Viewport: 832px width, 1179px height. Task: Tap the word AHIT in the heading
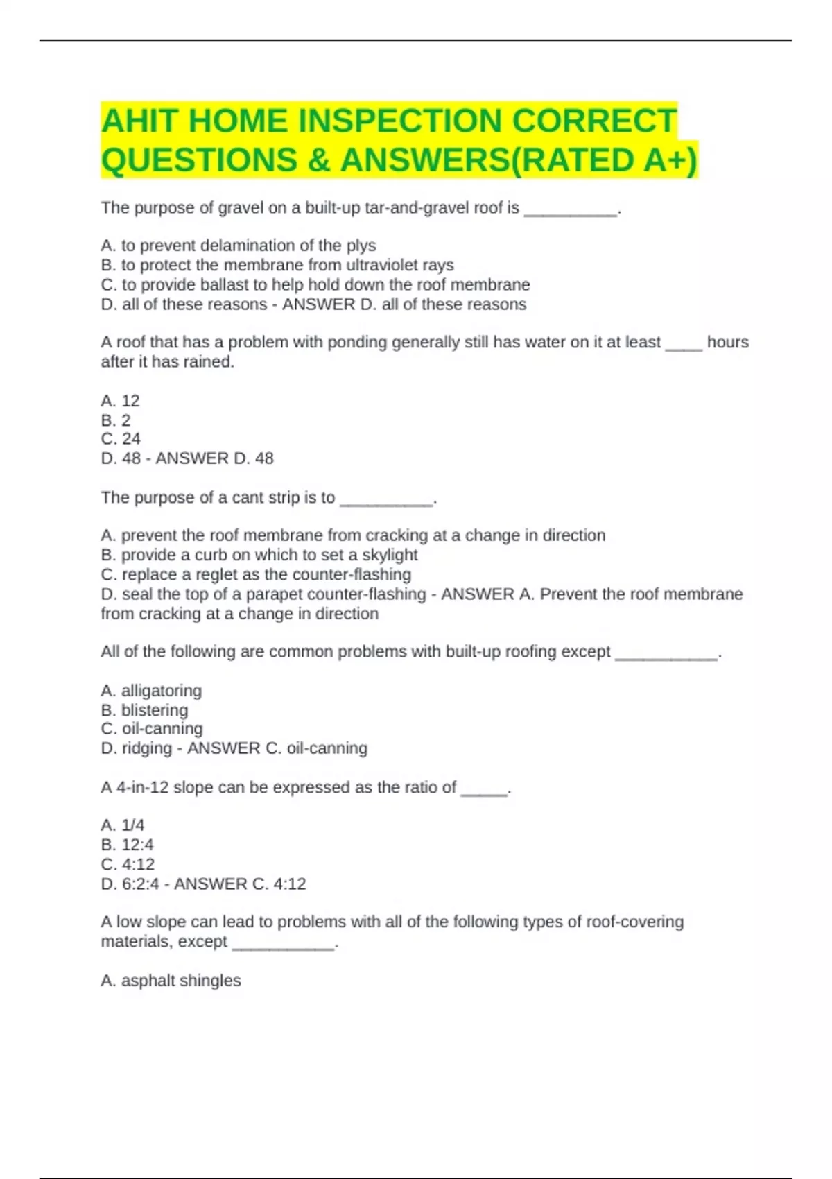click(138, 121)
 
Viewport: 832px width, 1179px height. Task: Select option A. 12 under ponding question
click(120, 401)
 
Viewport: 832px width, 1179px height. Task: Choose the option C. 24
click(121, 439)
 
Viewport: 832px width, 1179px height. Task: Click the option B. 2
click(116, 420)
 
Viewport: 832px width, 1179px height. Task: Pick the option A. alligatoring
click(151, 691)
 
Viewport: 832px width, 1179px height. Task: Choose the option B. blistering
click(144, 710)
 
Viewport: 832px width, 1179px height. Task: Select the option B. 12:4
click(127, 845)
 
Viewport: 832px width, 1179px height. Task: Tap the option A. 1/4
click(123, 825)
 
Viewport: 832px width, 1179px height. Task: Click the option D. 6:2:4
click(130, 884)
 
